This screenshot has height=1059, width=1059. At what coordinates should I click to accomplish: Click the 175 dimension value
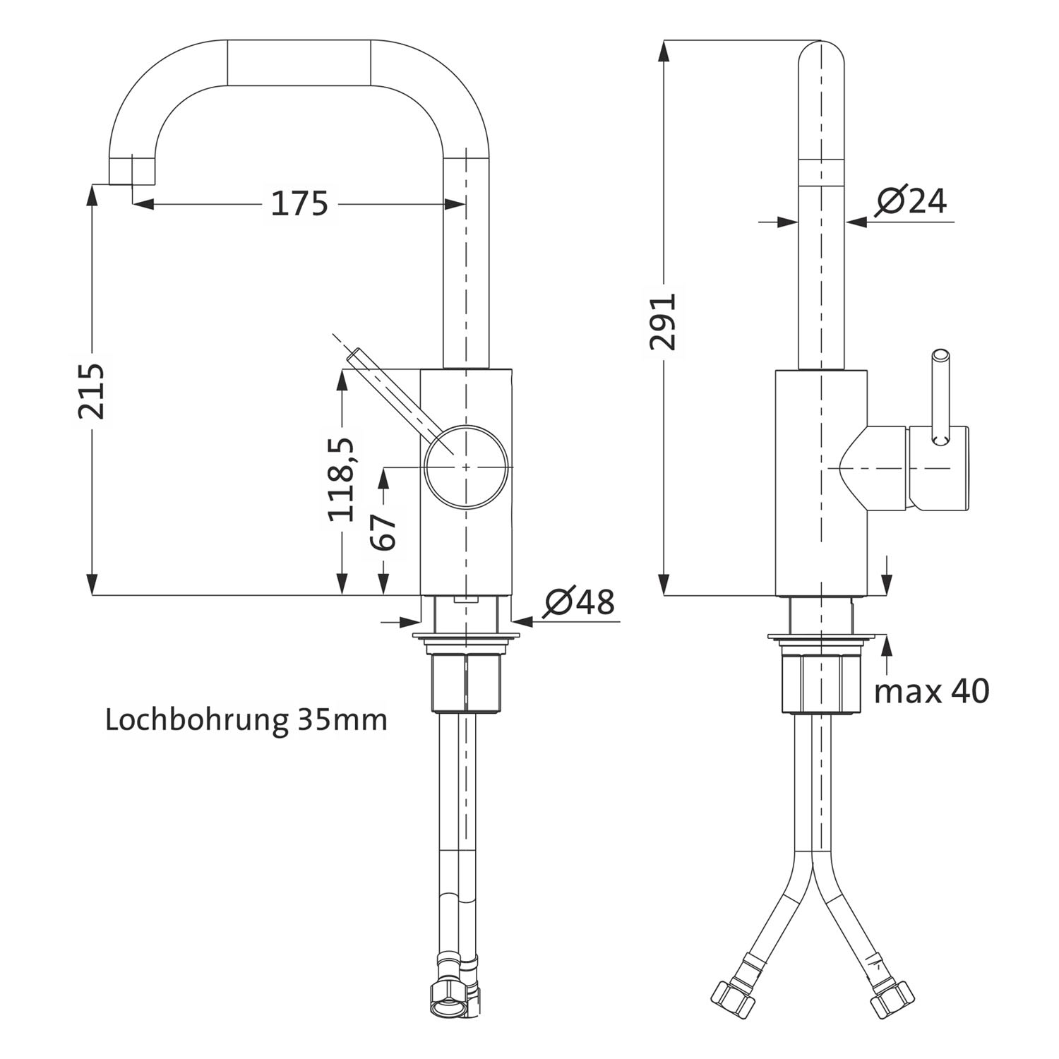(x=300, y=203)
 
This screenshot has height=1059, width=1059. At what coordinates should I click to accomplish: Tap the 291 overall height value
(x=664, y=321)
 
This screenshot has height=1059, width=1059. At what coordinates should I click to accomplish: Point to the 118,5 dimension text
(x=341, y=479)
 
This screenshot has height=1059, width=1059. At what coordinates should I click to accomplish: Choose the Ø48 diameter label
(x=580, y=602)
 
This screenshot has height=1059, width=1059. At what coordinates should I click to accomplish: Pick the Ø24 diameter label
(x=911, y=201)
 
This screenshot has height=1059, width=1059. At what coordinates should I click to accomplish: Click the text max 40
(x=932, y=691)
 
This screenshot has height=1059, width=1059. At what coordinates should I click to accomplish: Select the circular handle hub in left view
(x=466, y=466)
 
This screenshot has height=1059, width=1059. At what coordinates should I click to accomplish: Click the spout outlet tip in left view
(x=131, y=171)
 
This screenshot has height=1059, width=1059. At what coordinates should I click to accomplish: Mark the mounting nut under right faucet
(x=822, y=683)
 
